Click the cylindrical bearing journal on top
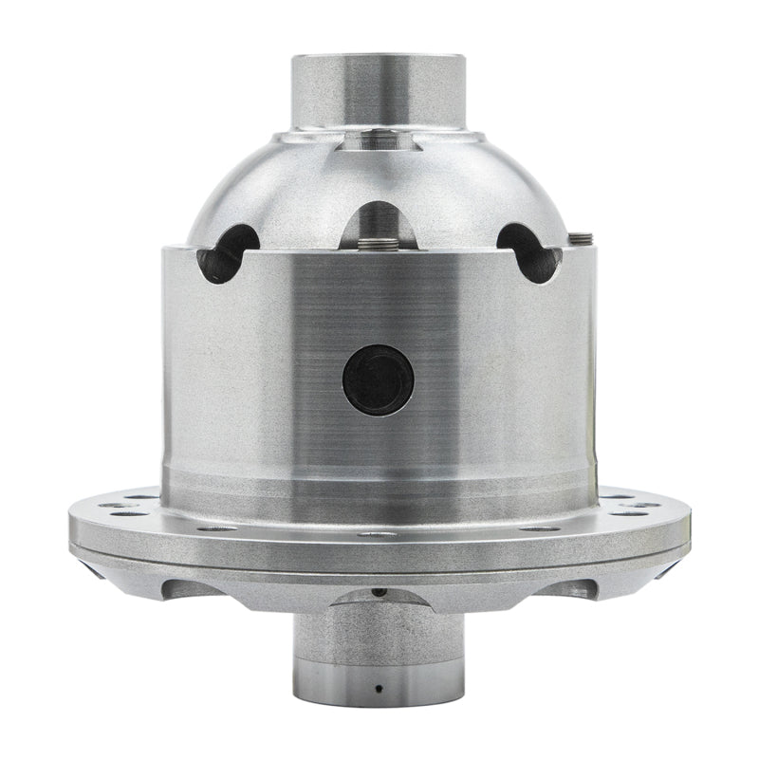[x=378, y=90]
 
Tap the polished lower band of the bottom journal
[x=378, y=681]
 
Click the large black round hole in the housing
[x=378, y=379]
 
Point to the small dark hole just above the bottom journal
[x=378, y=593]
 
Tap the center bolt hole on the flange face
[x=378, y=534]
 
